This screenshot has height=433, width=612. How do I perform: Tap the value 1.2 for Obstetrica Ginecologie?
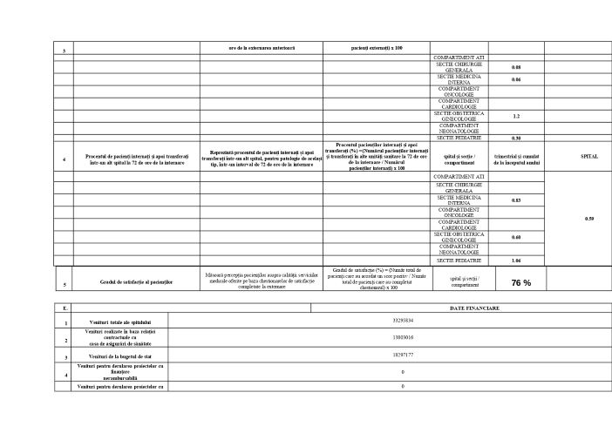516,115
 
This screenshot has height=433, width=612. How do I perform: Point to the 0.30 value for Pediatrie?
516,138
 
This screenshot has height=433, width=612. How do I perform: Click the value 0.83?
516,200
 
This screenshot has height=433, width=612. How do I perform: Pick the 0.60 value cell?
516,237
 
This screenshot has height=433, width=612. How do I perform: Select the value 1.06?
516,260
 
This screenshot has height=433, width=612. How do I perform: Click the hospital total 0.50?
588,218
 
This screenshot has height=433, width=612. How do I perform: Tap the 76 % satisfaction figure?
521,282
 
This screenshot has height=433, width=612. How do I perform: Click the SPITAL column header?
588,156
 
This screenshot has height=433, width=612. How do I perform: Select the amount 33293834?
403,321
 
